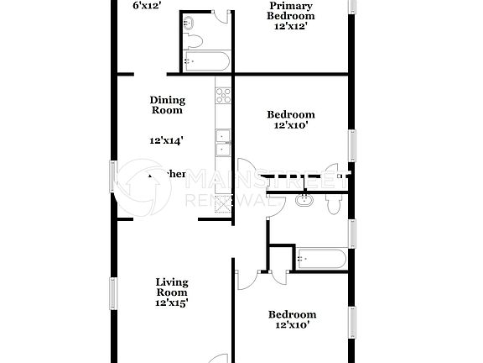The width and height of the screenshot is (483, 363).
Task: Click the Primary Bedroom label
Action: click(292, 11)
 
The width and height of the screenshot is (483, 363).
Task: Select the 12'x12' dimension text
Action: click(292, 27)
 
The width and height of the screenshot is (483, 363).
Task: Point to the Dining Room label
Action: click(167, 104)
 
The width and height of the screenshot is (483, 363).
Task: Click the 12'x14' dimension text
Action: click(167, 141)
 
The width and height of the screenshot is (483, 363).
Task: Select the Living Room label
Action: click(171, 287)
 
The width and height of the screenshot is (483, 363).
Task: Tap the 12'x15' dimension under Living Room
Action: click(171, 302)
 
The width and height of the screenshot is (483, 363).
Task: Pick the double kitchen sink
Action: click(223, 143)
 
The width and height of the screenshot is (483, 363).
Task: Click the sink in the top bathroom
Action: click(189, 22)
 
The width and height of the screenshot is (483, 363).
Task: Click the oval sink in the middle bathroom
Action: click(304, 201)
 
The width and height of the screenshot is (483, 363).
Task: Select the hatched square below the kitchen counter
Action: click(223, 203)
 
